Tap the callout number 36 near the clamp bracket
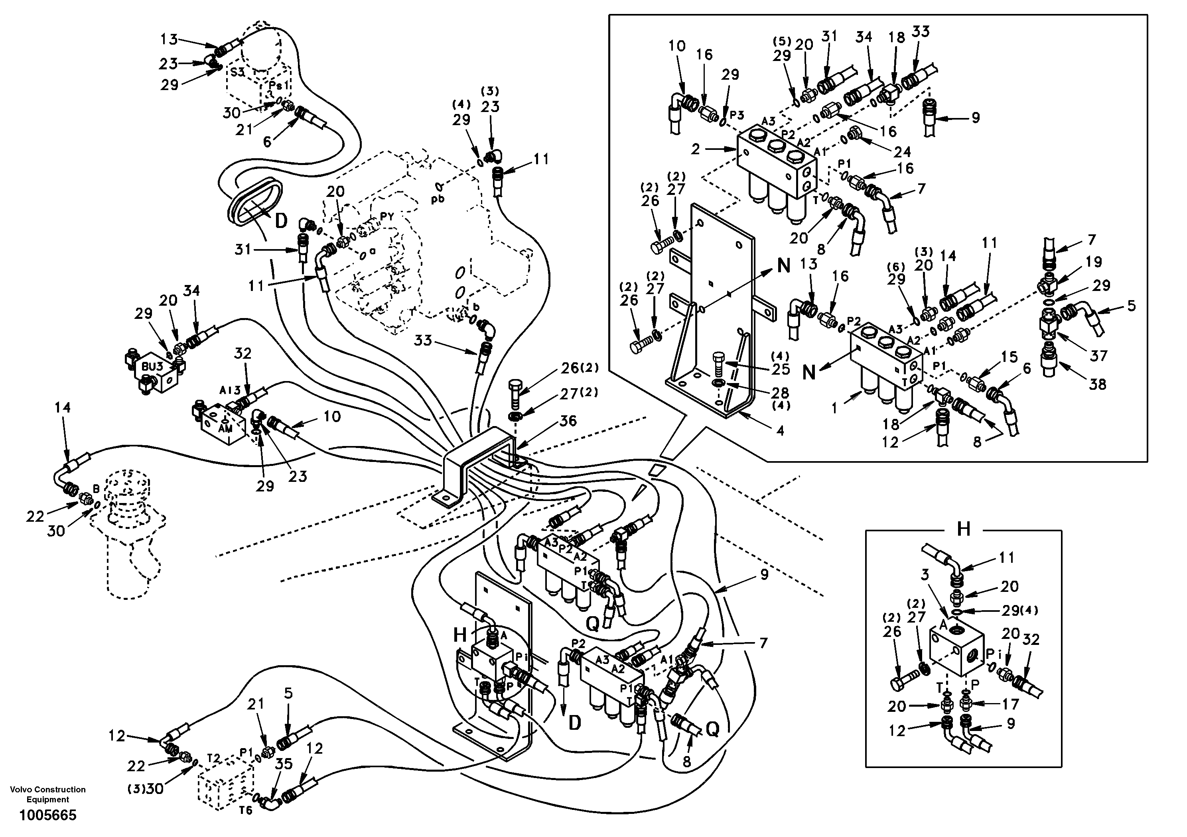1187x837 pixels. (x=568, y=420)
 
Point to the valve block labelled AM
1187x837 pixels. (x=225, y=427)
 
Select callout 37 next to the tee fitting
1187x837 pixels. (x=1099, y=356)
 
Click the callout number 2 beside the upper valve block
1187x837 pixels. (x=695, y=149)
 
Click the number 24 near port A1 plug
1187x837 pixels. (x=903, y=151)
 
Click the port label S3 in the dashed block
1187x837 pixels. (x=237, y=72)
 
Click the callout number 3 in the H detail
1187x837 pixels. (x=925, y=574)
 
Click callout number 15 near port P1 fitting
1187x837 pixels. (x=1009, y=357)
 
